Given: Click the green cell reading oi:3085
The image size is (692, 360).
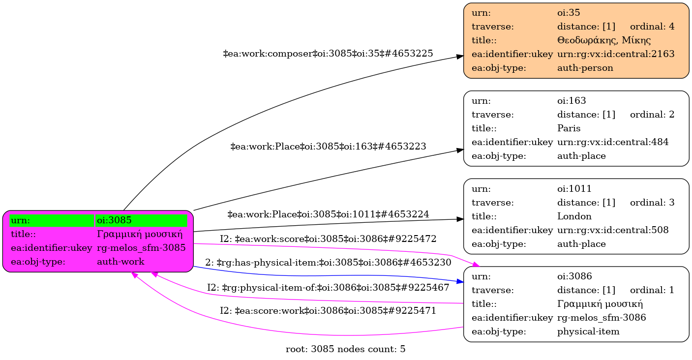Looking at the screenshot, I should coord(141,220).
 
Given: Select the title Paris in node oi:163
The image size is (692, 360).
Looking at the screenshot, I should coord(569,128).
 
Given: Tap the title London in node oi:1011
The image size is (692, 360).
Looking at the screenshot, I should coord(574,216).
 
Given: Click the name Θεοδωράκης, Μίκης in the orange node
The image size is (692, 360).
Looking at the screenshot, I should coord(603,40).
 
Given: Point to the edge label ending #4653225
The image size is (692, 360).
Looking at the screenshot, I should coord(328,54).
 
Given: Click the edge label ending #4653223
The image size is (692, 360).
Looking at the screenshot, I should coord(328,146).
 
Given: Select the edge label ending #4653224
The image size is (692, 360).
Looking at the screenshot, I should coord(328,214).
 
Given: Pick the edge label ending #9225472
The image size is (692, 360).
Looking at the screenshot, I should coord(328,239).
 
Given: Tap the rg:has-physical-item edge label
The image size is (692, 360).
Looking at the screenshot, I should coord(328,263).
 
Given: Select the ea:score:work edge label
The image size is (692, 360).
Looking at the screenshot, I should coord(328,311).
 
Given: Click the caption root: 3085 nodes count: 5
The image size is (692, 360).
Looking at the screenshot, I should coord(345,350).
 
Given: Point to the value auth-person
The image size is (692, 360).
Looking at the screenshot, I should coord(585,68).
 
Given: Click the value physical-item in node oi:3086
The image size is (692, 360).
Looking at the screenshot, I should coord(588,331).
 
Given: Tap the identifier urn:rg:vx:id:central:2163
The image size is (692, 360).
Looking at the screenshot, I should coord(615,54).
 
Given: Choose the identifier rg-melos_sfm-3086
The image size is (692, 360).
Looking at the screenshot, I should coord(601,318).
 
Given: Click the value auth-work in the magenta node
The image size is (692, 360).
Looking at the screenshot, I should coord(120,262).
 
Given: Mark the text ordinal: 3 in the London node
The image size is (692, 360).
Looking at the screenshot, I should coord(652,202).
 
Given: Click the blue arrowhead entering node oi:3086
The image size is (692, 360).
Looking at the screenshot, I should coord(460,282).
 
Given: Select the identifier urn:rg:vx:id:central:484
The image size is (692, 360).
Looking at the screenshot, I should coord(612,142).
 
